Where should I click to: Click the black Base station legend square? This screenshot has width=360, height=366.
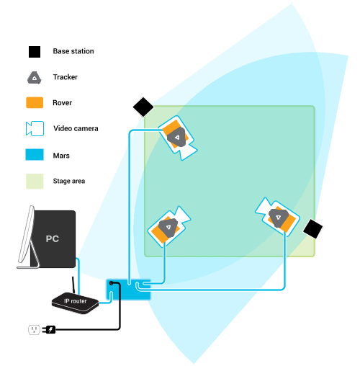tap(35, 52)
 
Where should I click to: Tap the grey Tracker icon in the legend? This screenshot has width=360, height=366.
tap(35, 78)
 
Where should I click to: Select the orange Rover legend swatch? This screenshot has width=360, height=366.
tap(35, 102)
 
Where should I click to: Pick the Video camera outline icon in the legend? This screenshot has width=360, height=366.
tap(35, 128)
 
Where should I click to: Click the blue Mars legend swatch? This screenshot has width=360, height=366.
tap(35, 154)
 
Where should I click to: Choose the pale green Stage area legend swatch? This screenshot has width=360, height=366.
tap(35, 181)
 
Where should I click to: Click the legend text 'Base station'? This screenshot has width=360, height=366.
tap(73, 51)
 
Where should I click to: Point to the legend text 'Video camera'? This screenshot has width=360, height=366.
tap(76, 128)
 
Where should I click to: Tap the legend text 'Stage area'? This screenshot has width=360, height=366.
tap(69, 181)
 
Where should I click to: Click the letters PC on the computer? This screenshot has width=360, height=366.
tap(53, 238)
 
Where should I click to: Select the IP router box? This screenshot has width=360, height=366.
tap(75, 303)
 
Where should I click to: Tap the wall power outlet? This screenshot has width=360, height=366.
tap(34, 329)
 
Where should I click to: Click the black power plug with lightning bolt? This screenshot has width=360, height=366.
tap(49, 329)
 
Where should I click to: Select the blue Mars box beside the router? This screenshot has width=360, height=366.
tap(128, 290)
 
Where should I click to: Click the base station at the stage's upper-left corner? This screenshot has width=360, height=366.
tap(143, 107)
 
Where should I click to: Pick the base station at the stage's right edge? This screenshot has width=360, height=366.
tap(312, 229)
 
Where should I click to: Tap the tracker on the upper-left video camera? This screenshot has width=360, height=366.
tap(177, 138)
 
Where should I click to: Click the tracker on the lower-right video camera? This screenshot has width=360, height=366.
tap(279, 218)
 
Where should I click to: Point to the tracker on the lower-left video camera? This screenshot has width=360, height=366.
tap(168, 228)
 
